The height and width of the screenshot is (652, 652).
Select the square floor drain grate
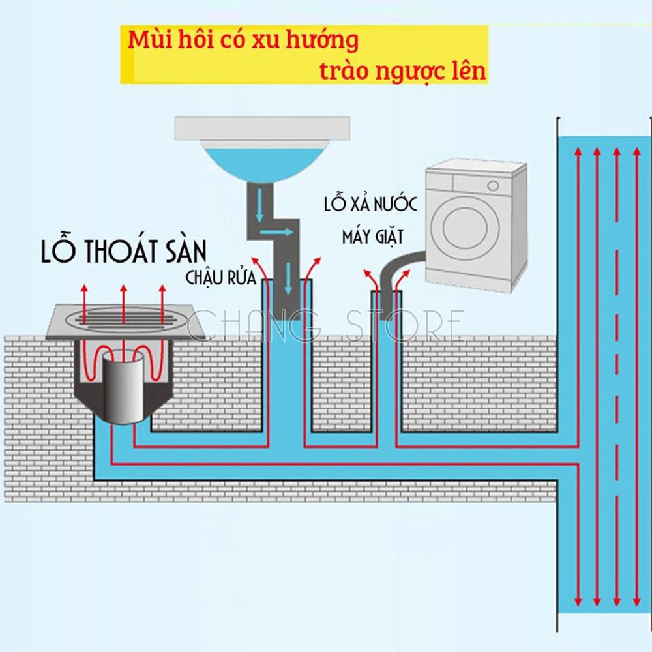(124, 322)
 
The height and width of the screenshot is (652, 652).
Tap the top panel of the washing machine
(477, 171)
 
